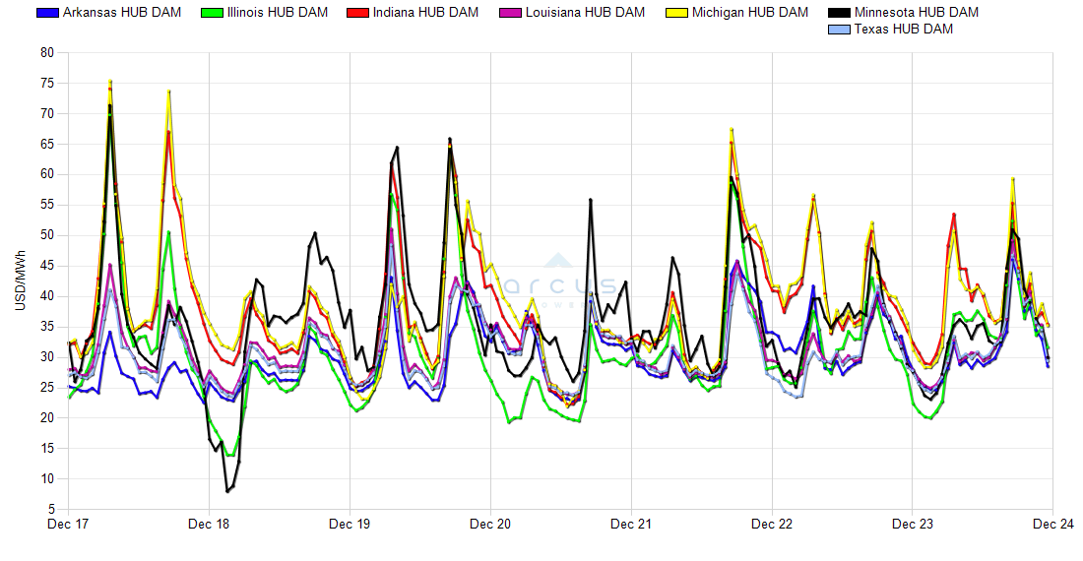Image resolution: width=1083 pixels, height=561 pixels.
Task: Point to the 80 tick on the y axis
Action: pos(46,53)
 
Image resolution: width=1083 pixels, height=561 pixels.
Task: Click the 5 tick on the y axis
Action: pos(50,509)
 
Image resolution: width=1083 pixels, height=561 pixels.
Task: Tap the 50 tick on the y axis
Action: pos(46,235)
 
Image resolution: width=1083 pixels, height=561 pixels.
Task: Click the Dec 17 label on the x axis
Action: pos(68,525)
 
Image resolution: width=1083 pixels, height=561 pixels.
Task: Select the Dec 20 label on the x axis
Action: pos(490,525)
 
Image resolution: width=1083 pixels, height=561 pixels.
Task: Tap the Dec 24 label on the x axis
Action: pos(1052,525)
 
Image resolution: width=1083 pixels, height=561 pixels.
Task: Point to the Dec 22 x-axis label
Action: pos(772,525)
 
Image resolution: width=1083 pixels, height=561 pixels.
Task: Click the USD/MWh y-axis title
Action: pos(20,280)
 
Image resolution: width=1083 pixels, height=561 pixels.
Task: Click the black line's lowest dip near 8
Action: pos(227,490)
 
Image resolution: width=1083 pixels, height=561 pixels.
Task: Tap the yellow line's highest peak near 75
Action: pos(110,82)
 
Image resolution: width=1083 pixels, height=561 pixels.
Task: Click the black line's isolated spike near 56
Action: pos(590,200)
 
